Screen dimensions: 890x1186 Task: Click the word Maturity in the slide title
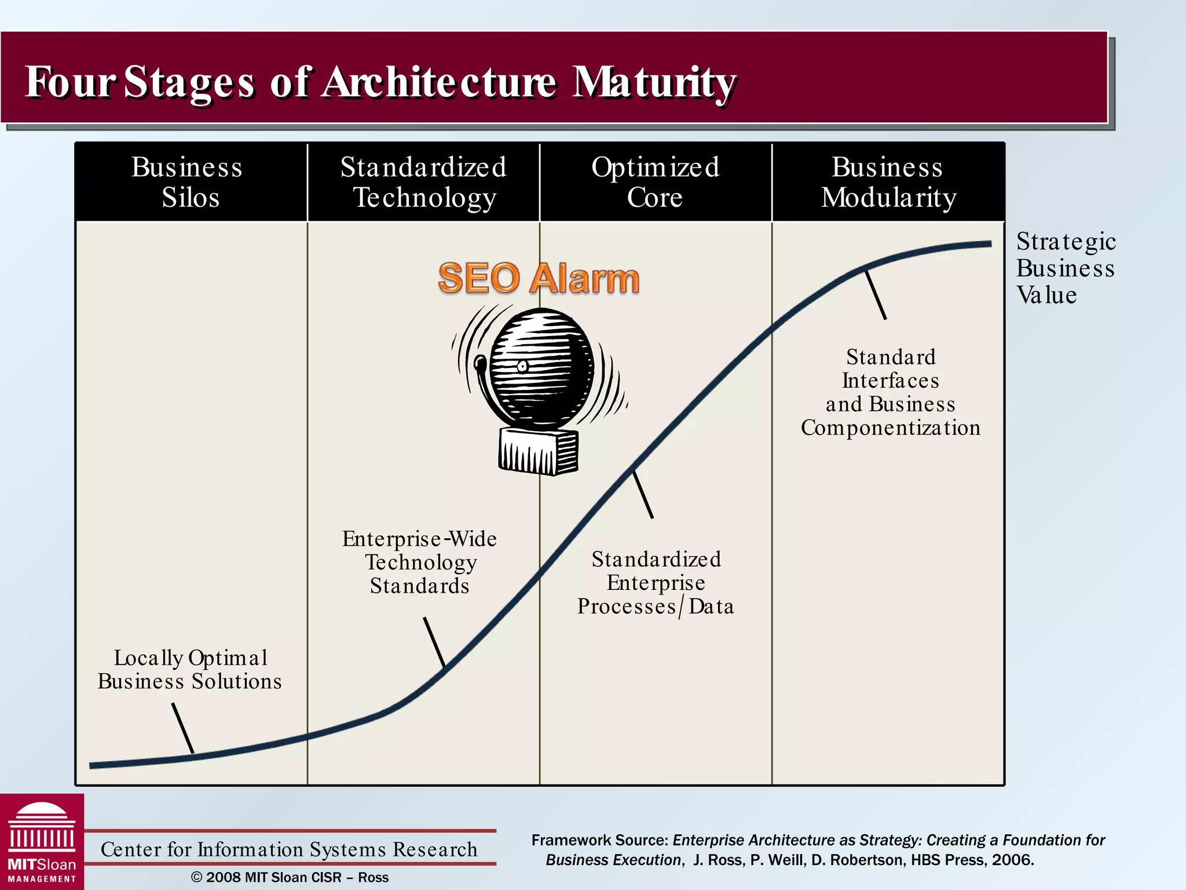[654, 82]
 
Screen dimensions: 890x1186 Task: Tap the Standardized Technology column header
[423, 182]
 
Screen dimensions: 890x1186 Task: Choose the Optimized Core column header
[655, 182]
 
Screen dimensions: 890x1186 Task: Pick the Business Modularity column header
[888, 182]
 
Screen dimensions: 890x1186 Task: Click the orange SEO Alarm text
[539, 278]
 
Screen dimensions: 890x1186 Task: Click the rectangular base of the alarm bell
[538, 451]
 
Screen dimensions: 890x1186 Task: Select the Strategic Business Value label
[1066, 268]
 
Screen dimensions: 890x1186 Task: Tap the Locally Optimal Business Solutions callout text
[190, 669]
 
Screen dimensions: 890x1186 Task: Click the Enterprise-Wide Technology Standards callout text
[420, 562]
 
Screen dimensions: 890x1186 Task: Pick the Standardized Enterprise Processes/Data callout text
[656, 582]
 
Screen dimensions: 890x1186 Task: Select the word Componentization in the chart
[891, 428]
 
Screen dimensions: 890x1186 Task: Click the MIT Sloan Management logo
[42, 842]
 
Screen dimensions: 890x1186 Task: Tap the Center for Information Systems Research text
[289, 849]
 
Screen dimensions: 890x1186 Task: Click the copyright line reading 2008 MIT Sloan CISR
[290, 877]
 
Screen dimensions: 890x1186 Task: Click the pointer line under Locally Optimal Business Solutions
[182, 728]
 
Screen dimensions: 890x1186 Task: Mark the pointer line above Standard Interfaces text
[876, 295]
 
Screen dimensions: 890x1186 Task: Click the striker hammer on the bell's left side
[480, 364]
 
